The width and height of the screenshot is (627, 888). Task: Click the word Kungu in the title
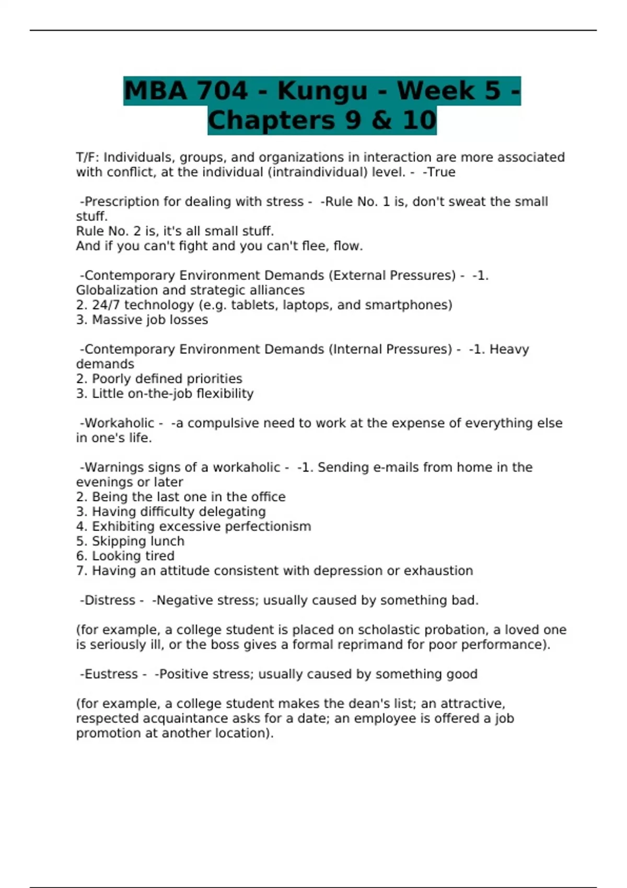(x=322, y=91)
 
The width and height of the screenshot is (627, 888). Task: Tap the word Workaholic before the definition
(x=119, y=423)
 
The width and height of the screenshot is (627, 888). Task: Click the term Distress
(x=110, y=600)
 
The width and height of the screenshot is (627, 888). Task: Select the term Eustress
(x=111, y=674)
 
